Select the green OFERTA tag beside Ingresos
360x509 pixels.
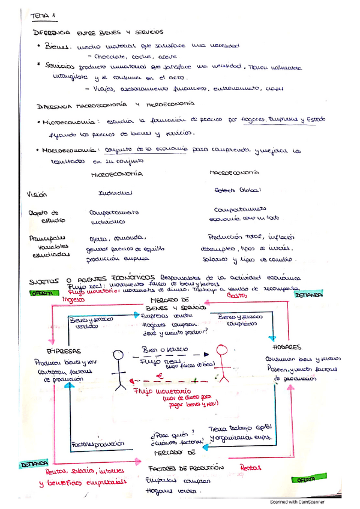coord(44,294)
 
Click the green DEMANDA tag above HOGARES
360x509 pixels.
coord(307,295)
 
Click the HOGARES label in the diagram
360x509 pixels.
coord(289,348)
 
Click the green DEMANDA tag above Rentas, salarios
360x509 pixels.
coord(34,464)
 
